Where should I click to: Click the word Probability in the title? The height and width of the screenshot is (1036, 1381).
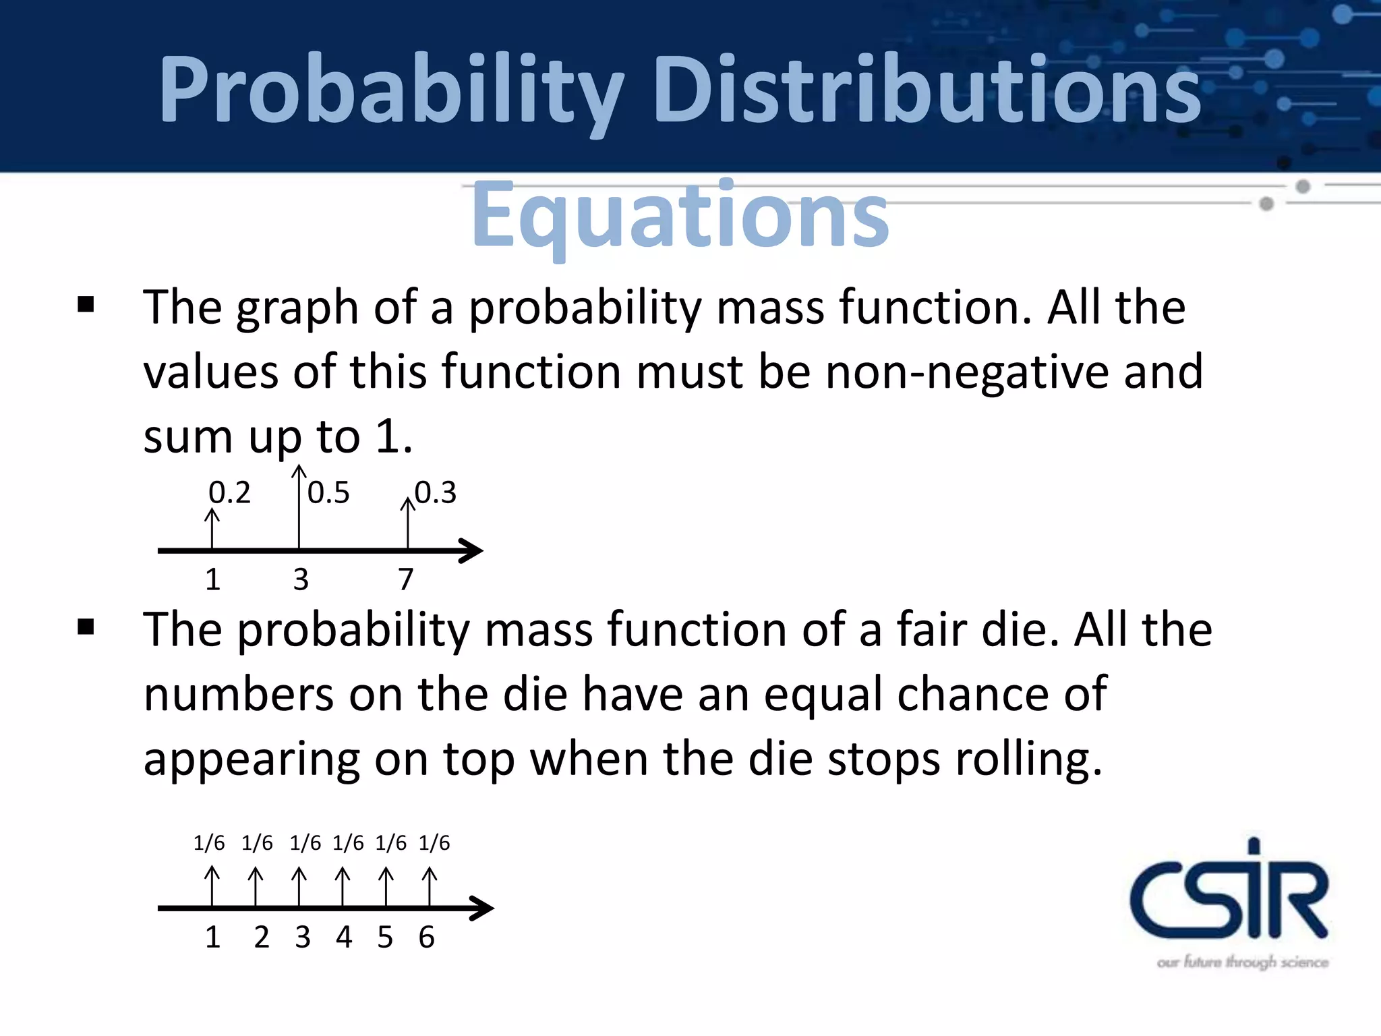(x=391, y=91)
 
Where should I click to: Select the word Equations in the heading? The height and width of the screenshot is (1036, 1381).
(x=680, y=216)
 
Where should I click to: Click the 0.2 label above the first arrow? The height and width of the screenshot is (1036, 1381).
(x=229, y=493)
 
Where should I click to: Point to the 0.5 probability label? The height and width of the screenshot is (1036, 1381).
(x=328, y=493)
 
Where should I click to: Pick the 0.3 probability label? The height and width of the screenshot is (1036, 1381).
(x=436, y=493)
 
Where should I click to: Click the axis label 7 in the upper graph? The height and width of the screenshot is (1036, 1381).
(x=405, y=579)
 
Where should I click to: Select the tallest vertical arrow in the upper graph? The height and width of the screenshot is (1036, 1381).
(x=299, y=506)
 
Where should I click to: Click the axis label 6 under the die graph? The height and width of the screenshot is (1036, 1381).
(x=426, y=937)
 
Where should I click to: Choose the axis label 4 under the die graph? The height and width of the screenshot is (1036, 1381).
(x=344, y=937)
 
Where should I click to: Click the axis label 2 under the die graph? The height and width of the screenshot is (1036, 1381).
(x=262, y=937)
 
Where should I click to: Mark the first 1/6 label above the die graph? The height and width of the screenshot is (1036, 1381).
(x=209, y=843)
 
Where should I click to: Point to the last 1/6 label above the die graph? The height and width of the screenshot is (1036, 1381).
(x=434, y=843)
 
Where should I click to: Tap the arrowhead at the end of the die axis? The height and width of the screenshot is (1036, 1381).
(x=483, y=908)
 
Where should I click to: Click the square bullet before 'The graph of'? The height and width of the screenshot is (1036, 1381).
(x=86, y=305)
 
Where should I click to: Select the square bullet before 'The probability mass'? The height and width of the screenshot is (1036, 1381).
(x=86, y=627)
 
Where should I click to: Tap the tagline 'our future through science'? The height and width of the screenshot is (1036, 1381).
(x=1242, y=962)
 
